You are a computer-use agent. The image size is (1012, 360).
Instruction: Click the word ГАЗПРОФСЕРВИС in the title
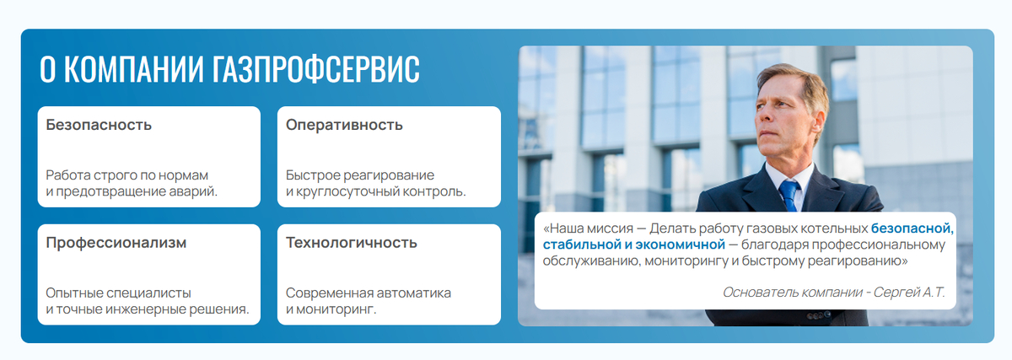315,69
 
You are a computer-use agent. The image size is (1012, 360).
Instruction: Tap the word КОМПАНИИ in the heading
134,69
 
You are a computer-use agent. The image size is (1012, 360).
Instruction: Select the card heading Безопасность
99,125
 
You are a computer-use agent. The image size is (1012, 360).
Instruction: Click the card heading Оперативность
344,125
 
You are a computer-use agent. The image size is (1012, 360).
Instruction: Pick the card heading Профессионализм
116,243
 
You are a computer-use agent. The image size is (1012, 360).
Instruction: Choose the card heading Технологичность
351,243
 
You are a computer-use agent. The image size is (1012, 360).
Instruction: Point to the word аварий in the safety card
193,191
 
